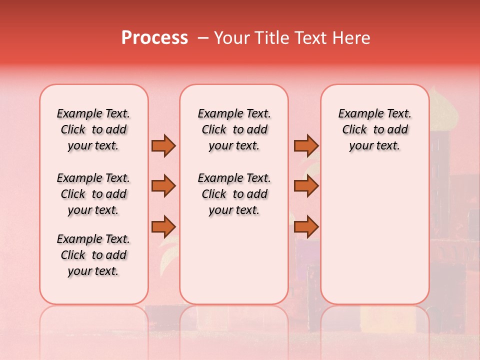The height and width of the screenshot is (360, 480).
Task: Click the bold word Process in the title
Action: (154, 38)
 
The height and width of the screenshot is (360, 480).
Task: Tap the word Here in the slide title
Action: (352, 38)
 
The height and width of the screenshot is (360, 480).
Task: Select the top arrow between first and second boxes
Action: (163, 145)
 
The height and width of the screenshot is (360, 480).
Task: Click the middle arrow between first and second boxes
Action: (163, 186)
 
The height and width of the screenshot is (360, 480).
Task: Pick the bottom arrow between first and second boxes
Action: (163, 226)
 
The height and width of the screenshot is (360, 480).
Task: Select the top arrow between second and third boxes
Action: (306, 145)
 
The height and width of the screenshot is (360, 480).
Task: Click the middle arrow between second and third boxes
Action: (306, 186)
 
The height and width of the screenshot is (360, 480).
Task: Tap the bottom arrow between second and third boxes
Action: (306, 226)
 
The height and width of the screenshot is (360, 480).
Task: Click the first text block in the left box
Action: (93, 129)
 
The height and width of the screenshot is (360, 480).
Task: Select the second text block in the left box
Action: (93, 194)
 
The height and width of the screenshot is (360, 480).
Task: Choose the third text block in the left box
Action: (93, 255)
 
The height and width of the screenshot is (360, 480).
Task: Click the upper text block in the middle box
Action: (234, 129)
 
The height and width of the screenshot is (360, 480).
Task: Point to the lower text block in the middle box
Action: (234, 194)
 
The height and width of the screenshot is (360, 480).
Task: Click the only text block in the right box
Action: (374, 129)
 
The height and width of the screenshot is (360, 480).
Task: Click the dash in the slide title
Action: (203, 38)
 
